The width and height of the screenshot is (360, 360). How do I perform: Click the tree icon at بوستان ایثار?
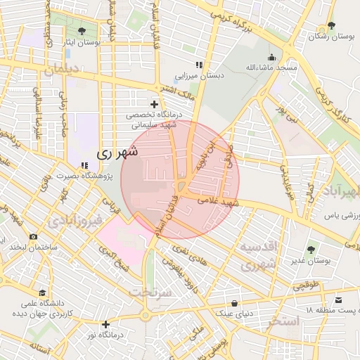pyautogui.click(x=83, y=31)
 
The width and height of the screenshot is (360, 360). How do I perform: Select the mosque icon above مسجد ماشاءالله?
pyautogui.click(x=271, y=58)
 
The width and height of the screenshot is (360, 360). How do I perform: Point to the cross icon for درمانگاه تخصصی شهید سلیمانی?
pyautogui.click(x=154, y=104)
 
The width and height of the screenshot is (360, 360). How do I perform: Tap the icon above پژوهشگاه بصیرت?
pyautogui.click(x=84, y=165)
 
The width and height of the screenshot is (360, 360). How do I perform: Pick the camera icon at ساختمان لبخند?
pyautogui.click(x=32, y=237)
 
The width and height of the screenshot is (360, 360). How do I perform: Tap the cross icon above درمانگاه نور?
pyautogui.click(x=105, y=324)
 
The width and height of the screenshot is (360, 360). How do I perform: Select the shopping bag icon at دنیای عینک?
pyautogui.click(x=234, y=304)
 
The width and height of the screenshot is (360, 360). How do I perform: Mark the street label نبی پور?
pyautogui.click(x=287, y=113)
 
